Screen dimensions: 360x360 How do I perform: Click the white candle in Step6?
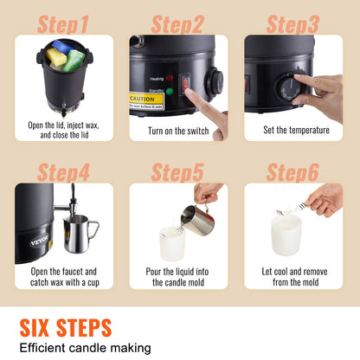pyautogui.click(x=286, y=235)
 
